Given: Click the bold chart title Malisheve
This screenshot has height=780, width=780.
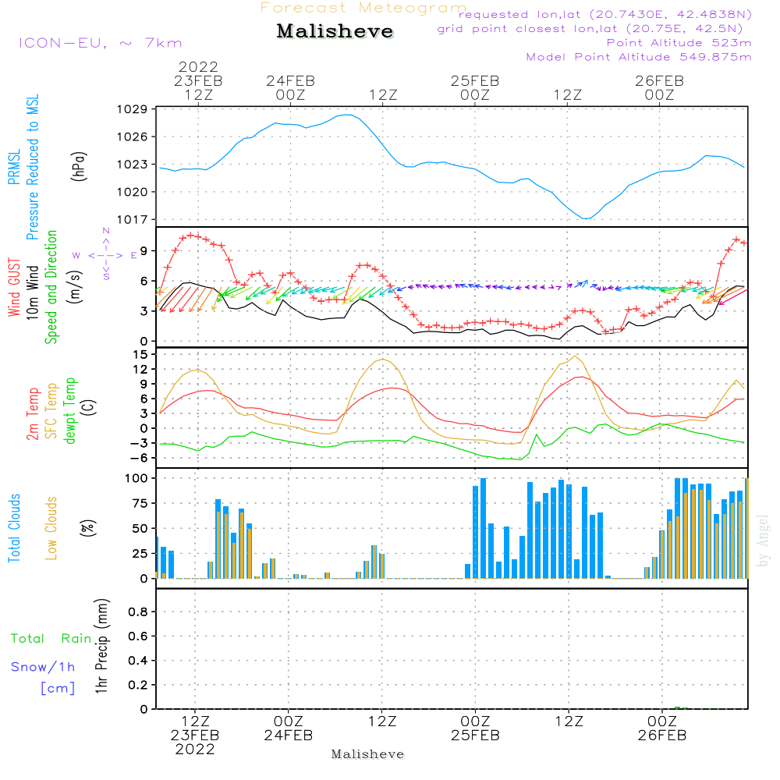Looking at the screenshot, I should point(335,32).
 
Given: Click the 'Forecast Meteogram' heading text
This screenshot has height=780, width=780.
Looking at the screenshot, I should point(363,9).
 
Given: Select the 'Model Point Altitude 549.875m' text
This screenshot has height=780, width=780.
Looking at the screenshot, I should point(639,57).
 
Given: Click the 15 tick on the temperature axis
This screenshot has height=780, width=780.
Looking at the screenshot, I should point(140,354).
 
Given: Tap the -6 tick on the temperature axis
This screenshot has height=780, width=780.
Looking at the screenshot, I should point(138,458).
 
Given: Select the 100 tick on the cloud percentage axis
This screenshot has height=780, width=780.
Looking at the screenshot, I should point(136,478).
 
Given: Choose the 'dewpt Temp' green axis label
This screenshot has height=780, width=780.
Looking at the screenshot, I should point(71,411).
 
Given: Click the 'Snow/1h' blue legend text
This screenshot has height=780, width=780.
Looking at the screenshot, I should point(43,668).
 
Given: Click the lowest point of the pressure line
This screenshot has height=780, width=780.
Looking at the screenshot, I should point(586,218).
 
